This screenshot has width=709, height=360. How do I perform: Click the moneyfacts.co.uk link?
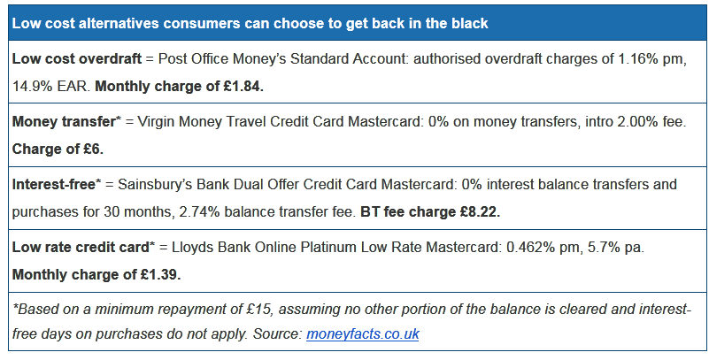363,334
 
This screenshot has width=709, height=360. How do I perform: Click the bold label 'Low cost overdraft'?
77,59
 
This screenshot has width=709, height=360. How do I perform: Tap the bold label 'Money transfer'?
64,122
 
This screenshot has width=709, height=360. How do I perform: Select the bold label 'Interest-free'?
54,185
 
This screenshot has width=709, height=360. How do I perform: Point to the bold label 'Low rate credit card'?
81,248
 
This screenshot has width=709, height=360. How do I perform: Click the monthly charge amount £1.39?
160,274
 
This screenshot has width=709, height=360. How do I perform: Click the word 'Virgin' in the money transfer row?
157,122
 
